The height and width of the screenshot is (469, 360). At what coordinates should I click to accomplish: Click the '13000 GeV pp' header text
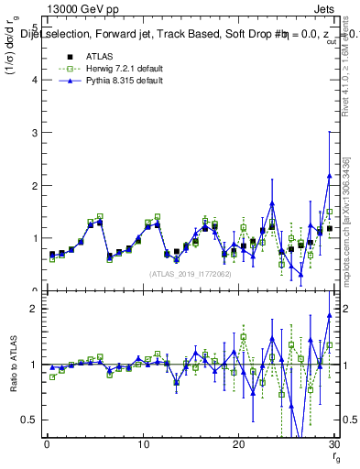point(79,9)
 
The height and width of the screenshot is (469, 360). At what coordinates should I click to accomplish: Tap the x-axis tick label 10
point(142,446)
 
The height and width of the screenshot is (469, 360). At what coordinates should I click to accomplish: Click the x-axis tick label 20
point(238,446)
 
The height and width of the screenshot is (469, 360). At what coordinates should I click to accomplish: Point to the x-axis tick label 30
point(333,446)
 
